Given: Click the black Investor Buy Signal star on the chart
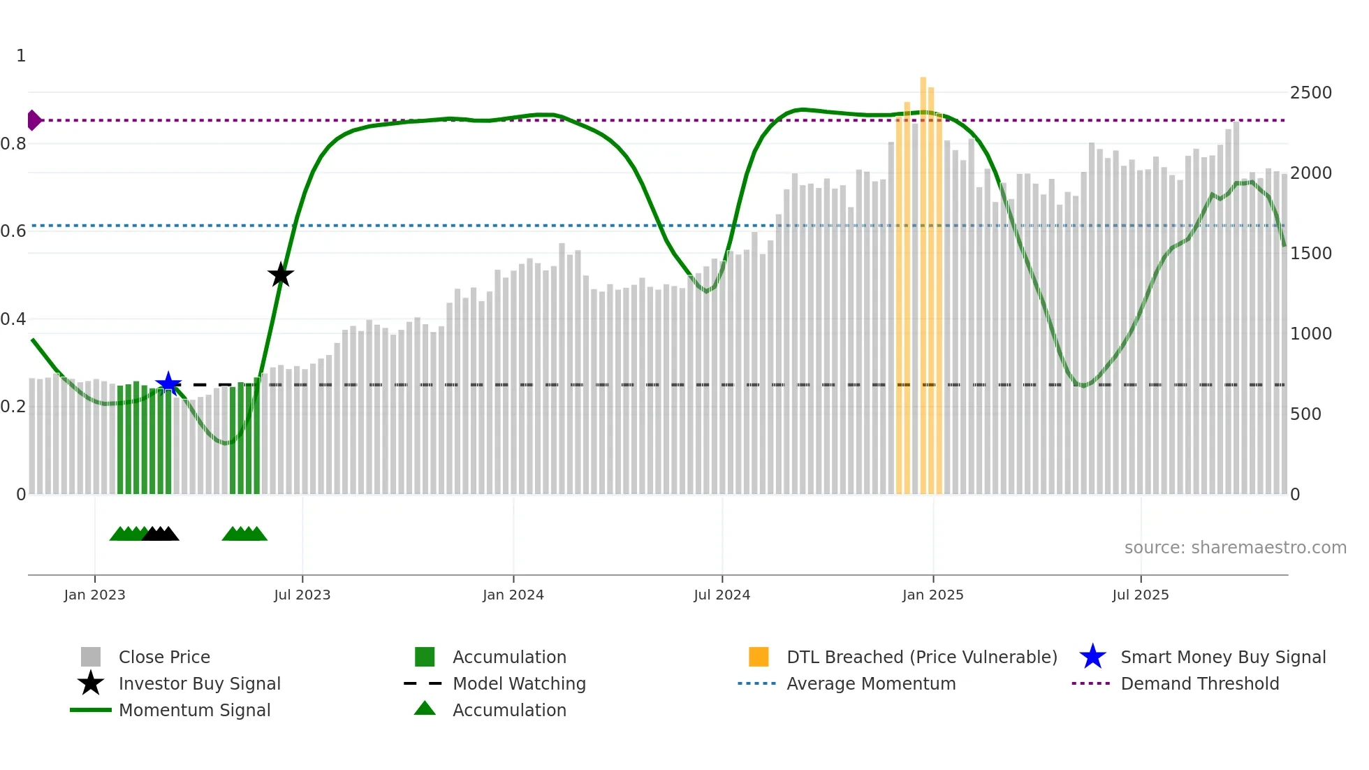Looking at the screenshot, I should pyautogui.click(x=281, y=275).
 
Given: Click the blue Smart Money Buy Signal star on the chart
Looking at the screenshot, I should pyautogui.click(x=168, y=384).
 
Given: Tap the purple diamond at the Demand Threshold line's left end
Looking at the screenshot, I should pyautogui.click(x=34, y=120).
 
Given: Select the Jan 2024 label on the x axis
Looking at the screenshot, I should pyautogui.click(x=513, y=595).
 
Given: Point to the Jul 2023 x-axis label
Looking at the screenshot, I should pyautogui.click(x=302, y=595).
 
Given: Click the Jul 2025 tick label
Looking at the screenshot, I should pyautogui.click(x=1141, y=595).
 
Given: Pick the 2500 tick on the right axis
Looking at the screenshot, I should pyautogui.click(x=1310, y=93).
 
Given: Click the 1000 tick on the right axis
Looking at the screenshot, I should pyautogui.click(x=1310, y=334).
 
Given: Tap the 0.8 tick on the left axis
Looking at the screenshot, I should pyautogui.click(x=13, y=144).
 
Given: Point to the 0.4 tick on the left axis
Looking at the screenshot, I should pyautogui.click(x=13, y=319).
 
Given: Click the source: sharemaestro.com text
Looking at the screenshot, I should pyautogui.click(x=1235, y=548).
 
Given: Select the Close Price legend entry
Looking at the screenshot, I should pyautogui.click(x=164, y=657).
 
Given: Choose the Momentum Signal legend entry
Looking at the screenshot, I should pyautogui.click(x=194, y=710).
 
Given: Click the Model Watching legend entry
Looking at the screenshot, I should pyautogui.click(x=519, y=683).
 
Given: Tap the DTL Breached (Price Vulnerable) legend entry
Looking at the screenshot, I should pyautogui.click(x=921, y=657).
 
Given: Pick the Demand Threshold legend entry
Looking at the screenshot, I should pyautogui.click(x=1199, y=683).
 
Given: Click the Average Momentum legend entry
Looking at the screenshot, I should pyautogui.click(x=871, y=683).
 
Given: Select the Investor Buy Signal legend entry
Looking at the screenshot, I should pyautogui.click(x=199, y=683).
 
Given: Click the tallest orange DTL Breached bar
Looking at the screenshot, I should pyautogui.click(x=923, y=279).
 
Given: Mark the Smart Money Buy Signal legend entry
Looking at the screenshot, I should pyautogui.click(x=1222, y=657).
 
